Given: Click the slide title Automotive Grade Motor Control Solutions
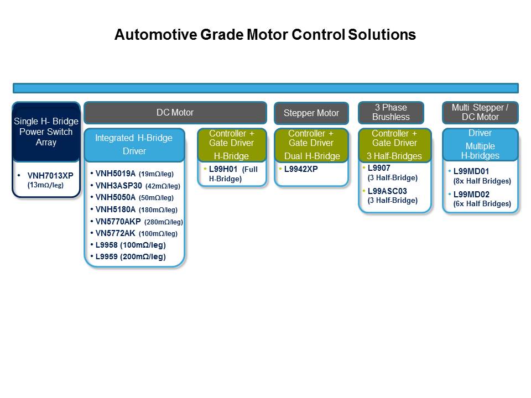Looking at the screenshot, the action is point(265,34).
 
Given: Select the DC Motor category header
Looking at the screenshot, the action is point(175,113).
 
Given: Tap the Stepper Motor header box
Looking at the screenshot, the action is point(311,113).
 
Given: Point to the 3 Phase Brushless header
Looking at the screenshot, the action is point(391,112).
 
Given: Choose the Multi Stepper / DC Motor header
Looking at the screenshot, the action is point(480,112).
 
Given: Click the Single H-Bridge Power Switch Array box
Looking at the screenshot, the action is point(46,132).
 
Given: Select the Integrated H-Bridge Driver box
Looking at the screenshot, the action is point(134,144).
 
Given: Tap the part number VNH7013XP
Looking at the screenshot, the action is point(50,176).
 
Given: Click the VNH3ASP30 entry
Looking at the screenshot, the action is point(118,186).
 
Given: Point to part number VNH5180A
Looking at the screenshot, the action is point(115,210).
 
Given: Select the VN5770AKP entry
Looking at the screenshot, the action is point(118,222).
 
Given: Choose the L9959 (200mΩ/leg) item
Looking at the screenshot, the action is point(131,256).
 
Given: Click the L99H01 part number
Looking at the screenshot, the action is point(223,169).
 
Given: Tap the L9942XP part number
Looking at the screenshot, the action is point(301,169).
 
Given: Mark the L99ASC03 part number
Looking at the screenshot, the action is point(387,191).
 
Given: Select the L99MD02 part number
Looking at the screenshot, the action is point(471,195).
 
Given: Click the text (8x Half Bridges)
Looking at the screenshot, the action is point(482,181).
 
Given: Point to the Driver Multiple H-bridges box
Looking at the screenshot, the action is point(480,144).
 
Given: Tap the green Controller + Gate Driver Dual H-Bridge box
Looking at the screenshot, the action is point(311,145).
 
